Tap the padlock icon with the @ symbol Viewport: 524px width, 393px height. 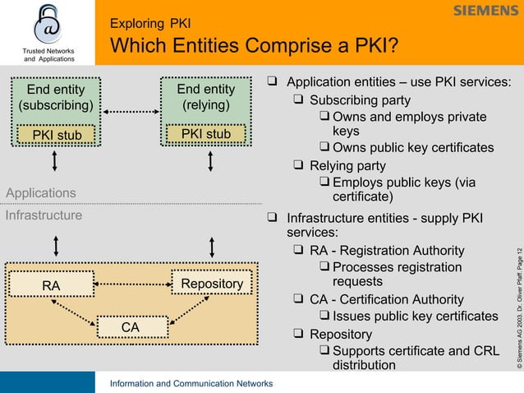(48, 24)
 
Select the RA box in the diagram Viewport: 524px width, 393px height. (52, 285)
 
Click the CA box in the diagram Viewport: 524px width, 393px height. (130, 327)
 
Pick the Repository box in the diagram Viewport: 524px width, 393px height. (212, 284)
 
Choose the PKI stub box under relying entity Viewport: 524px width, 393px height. (206, 134)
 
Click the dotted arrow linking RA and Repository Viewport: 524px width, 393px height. (130, 284)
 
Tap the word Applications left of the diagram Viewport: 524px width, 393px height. (41, 192)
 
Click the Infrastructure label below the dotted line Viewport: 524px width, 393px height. (44, 215)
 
